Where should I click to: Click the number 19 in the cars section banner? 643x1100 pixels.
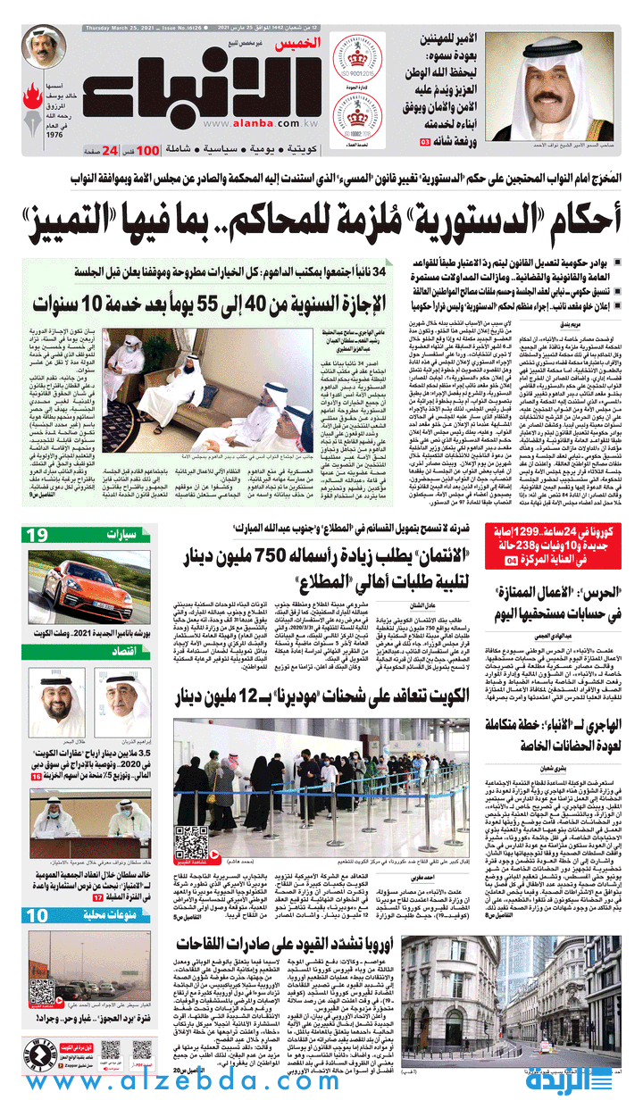coord(38,535)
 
